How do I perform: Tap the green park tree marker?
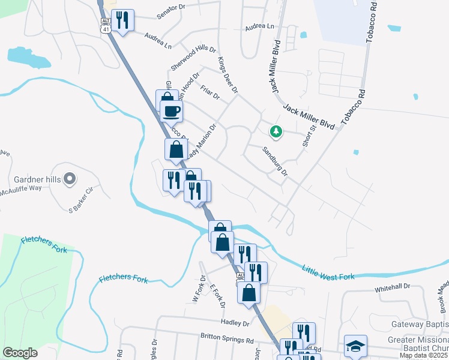click(276, 131)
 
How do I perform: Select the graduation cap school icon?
click(355, 346)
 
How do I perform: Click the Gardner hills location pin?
click(70, 178)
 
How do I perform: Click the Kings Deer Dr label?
click(228, 75)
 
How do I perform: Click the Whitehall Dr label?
click(392, 288)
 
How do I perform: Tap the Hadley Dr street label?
click(235, 323)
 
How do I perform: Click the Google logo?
click(20, 352)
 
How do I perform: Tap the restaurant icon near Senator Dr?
click(122, 20)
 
